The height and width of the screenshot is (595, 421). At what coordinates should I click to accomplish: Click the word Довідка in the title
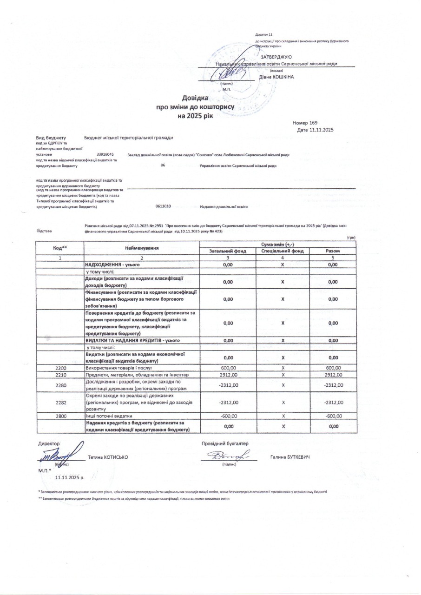click(x=195, y=98)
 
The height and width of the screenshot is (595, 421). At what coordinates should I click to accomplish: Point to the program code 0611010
click(x=164, y=206)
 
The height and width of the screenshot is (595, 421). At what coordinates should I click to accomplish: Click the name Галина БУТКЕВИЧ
click(x=289, y=457)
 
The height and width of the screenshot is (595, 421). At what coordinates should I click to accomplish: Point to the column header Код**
click(x=61, y=248)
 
